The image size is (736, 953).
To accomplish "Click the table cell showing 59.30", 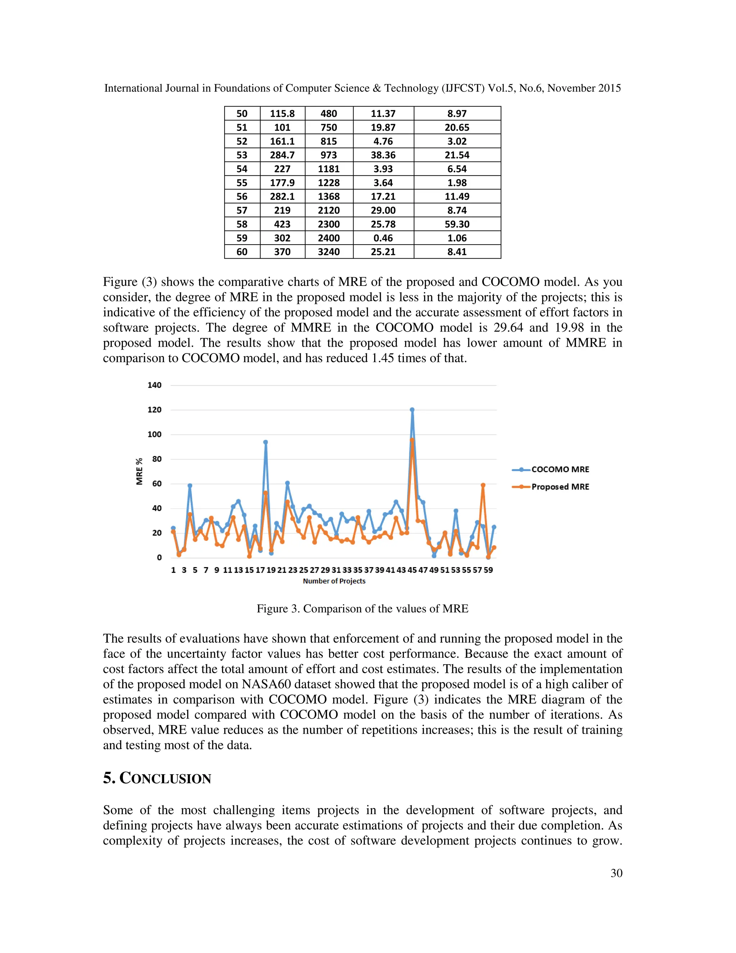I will [457, 224].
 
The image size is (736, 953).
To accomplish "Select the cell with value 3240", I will [329, 252].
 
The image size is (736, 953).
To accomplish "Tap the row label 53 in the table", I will [242, 155].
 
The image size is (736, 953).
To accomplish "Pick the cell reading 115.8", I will [282, 113].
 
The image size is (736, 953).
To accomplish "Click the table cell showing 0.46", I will [383, 238].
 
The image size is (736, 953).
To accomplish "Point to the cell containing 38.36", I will [383, 155].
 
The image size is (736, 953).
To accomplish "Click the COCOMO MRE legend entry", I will [560, 470].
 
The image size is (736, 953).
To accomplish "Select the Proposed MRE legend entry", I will [560, 487].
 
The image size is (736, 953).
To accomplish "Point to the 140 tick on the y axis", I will [154, 385].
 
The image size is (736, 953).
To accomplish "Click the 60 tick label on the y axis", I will [157, 483].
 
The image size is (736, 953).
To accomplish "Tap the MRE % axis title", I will [139, 471].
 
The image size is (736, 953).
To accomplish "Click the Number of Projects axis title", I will [334, 581].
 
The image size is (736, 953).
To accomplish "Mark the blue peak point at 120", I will [412, 410].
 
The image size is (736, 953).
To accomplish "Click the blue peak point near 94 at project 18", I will [266, 442].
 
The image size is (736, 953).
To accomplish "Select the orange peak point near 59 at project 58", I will [483, 485].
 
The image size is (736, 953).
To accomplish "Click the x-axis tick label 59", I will [488, 570].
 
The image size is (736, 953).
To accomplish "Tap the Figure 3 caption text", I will [362, 609].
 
